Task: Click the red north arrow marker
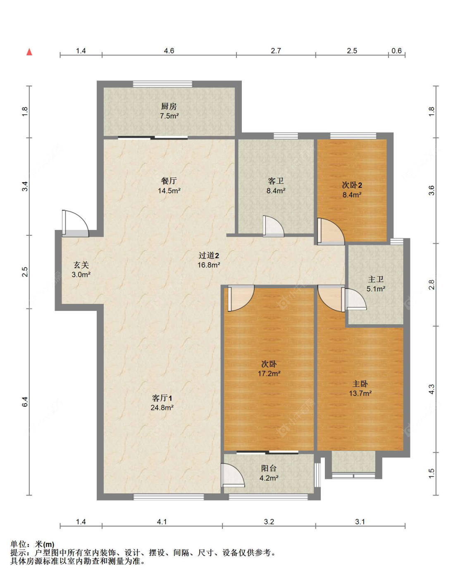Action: coord(29,52)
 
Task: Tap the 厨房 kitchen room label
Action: coord(169,107)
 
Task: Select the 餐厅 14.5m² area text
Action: coord(169,191)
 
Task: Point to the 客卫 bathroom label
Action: coord(275,180)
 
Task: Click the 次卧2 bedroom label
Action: coord(352,185)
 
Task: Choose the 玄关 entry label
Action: coord(81,265)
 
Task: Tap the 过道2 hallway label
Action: coord(208,255)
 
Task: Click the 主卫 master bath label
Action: coord(376,279)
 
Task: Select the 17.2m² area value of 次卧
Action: coord(269,374)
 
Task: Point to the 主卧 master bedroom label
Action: coord(360,384)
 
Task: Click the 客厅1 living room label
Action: coord(162,398)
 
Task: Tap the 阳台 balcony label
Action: coord(269,468)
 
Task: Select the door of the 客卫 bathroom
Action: coord(273,226)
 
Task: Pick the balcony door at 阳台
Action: coord(233,475)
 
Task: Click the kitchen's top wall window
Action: coord(162,84)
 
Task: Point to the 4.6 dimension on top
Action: coord(169,51)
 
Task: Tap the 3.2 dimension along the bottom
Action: coord(269,522)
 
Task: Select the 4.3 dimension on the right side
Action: coord(432,389)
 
